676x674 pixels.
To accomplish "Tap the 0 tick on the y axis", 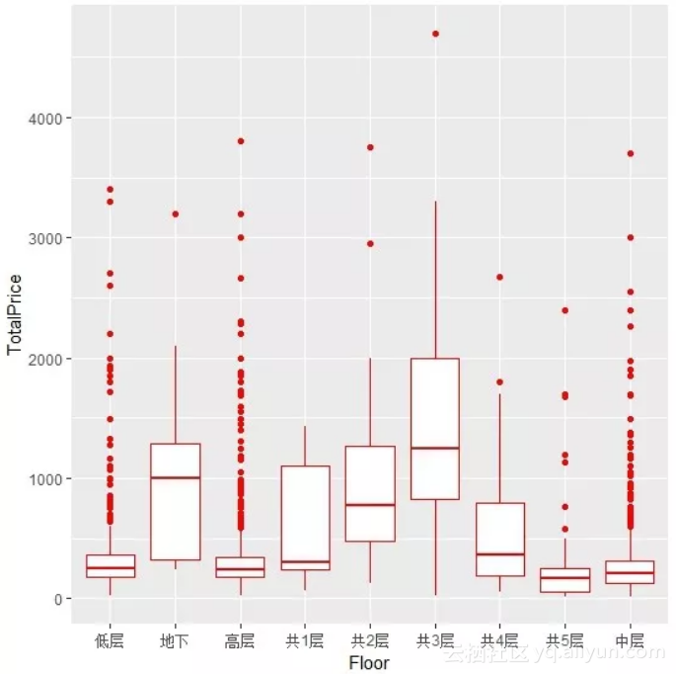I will pos(58,599).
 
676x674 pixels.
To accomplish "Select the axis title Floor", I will pos(369,663).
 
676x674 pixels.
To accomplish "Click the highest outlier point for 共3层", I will pos(435,34).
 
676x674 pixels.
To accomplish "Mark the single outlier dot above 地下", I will pos(176,213).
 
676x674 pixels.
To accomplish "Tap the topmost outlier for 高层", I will pos(240,141).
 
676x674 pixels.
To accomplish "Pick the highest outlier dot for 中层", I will pos(630,153).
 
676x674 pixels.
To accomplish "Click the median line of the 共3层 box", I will pos(435,448).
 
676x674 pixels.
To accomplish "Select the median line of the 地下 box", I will pos(176,477).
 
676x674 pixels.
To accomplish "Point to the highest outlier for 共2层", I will pos(370,147).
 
